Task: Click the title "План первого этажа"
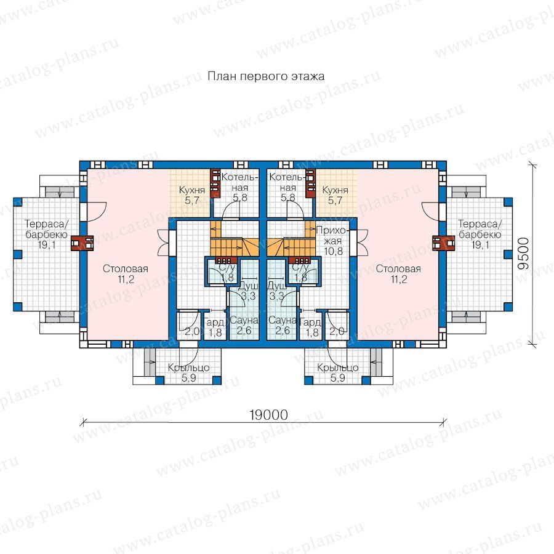point(266,76)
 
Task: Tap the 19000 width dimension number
point(268,415)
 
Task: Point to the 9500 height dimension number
point(524,254)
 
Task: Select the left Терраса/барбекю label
point(47,235)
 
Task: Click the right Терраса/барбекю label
point(480,235)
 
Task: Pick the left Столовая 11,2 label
point(126,274)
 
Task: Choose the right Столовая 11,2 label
point(398,274)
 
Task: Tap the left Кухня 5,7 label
point(192,195)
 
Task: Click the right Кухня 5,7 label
point(335,195)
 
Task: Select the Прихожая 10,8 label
point(333,241)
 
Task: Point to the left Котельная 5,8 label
point(240,187)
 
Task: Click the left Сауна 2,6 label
point(244,326)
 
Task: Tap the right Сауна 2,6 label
point(283,326)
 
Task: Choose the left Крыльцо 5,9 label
point(189,373)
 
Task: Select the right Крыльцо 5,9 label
point(338,373)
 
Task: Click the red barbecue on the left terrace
point(82,243)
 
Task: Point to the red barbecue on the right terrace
point(444,243)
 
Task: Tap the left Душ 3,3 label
point(249,291)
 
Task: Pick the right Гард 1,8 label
point(311,327)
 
